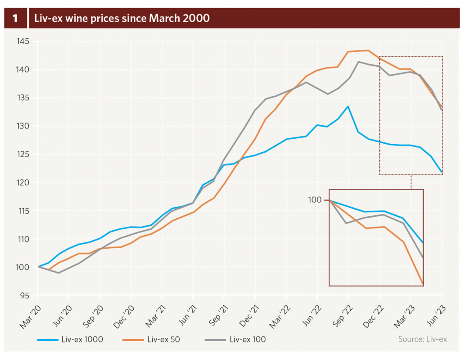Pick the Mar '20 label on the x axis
point(30,316)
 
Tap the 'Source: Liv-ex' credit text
point(422,339)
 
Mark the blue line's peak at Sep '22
point(348,106)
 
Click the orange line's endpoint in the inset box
point(423,284)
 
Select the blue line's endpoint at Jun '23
point(442,172)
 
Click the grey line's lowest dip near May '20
point(59,273)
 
